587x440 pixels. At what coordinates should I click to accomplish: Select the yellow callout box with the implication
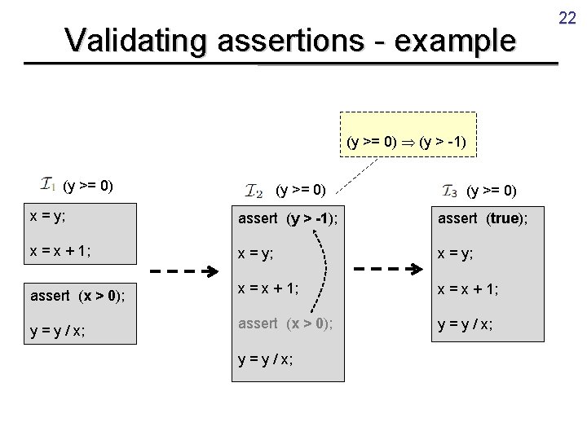pos(406,141)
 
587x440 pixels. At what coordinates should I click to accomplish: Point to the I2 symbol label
pos(254,191)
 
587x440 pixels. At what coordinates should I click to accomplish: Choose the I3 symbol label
pos(449,191)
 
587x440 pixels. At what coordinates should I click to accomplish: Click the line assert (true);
pos(483,218)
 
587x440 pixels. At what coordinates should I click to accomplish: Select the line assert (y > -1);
pos(289,218)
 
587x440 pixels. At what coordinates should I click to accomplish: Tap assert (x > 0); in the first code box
pos(78,295)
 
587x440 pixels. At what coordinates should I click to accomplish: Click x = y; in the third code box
pos(457,253)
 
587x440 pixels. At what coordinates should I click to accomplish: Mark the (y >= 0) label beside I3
pos(492,191)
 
